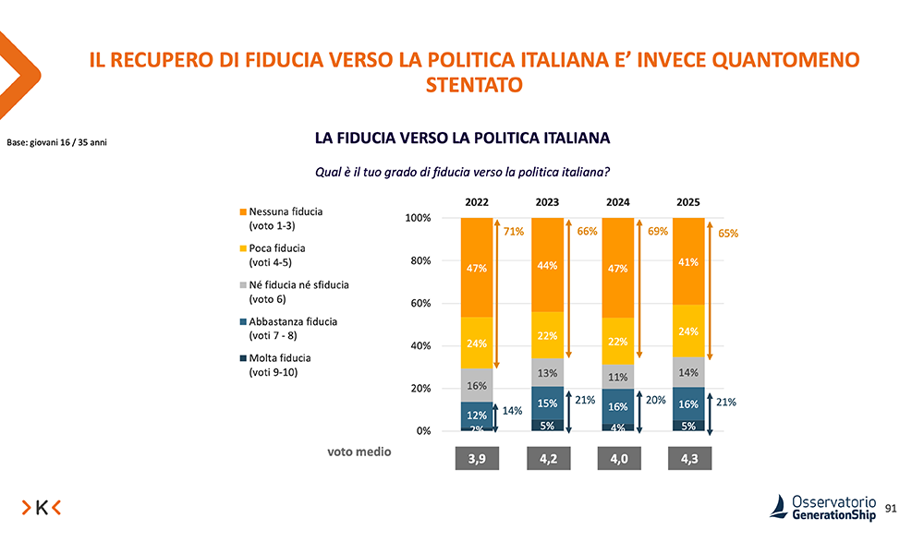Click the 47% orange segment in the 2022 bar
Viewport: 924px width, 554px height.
[x=477, y=268]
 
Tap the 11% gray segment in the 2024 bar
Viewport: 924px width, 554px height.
[x=618, y=376]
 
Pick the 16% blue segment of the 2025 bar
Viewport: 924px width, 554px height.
[x=688, y=403]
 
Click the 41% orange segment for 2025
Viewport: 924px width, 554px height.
[x=688, y=261]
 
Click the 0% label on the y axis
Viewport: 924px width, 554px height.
[x=423, y=431]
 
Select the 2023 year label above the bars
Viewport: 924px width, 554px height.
[x=548, y=200]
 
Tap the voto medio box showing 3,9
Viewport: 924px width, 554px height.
[x=477, y=458]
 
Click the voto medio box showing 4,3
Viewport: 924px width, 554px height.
[x=688, y=458]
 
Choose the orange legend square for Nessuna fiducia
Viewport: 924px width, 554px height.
[x=243, y=212]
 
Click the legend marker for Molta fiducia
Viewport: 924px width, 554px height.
[x=243, y=358]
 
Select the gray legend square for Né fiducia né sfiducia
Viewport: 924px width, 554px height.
[x=243, y=285]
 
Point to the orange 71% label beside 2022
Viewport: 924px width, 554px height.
[x=514, y=232]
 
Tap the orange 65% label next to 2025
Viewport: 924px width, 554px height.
[x=728, y=235]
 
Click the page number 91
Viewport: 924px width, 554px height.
[x=891, y=508]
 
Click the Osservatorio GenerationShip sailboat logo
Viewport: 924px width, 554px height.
[x=780, y=506]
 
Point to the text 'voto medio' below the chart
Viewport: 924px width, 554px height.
[x=359, y=452]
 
